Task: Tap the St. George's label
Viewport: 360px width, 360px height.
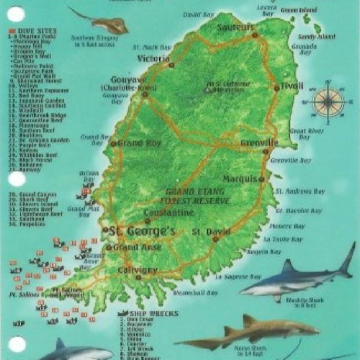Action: (142, 231)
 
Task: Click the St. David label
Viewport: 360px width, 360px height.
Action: (207, 232)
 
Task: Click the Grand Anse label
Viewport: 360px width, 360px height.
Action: (135, 247)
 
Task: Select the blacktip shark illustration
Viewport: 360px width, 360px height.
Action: (299, 277)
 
